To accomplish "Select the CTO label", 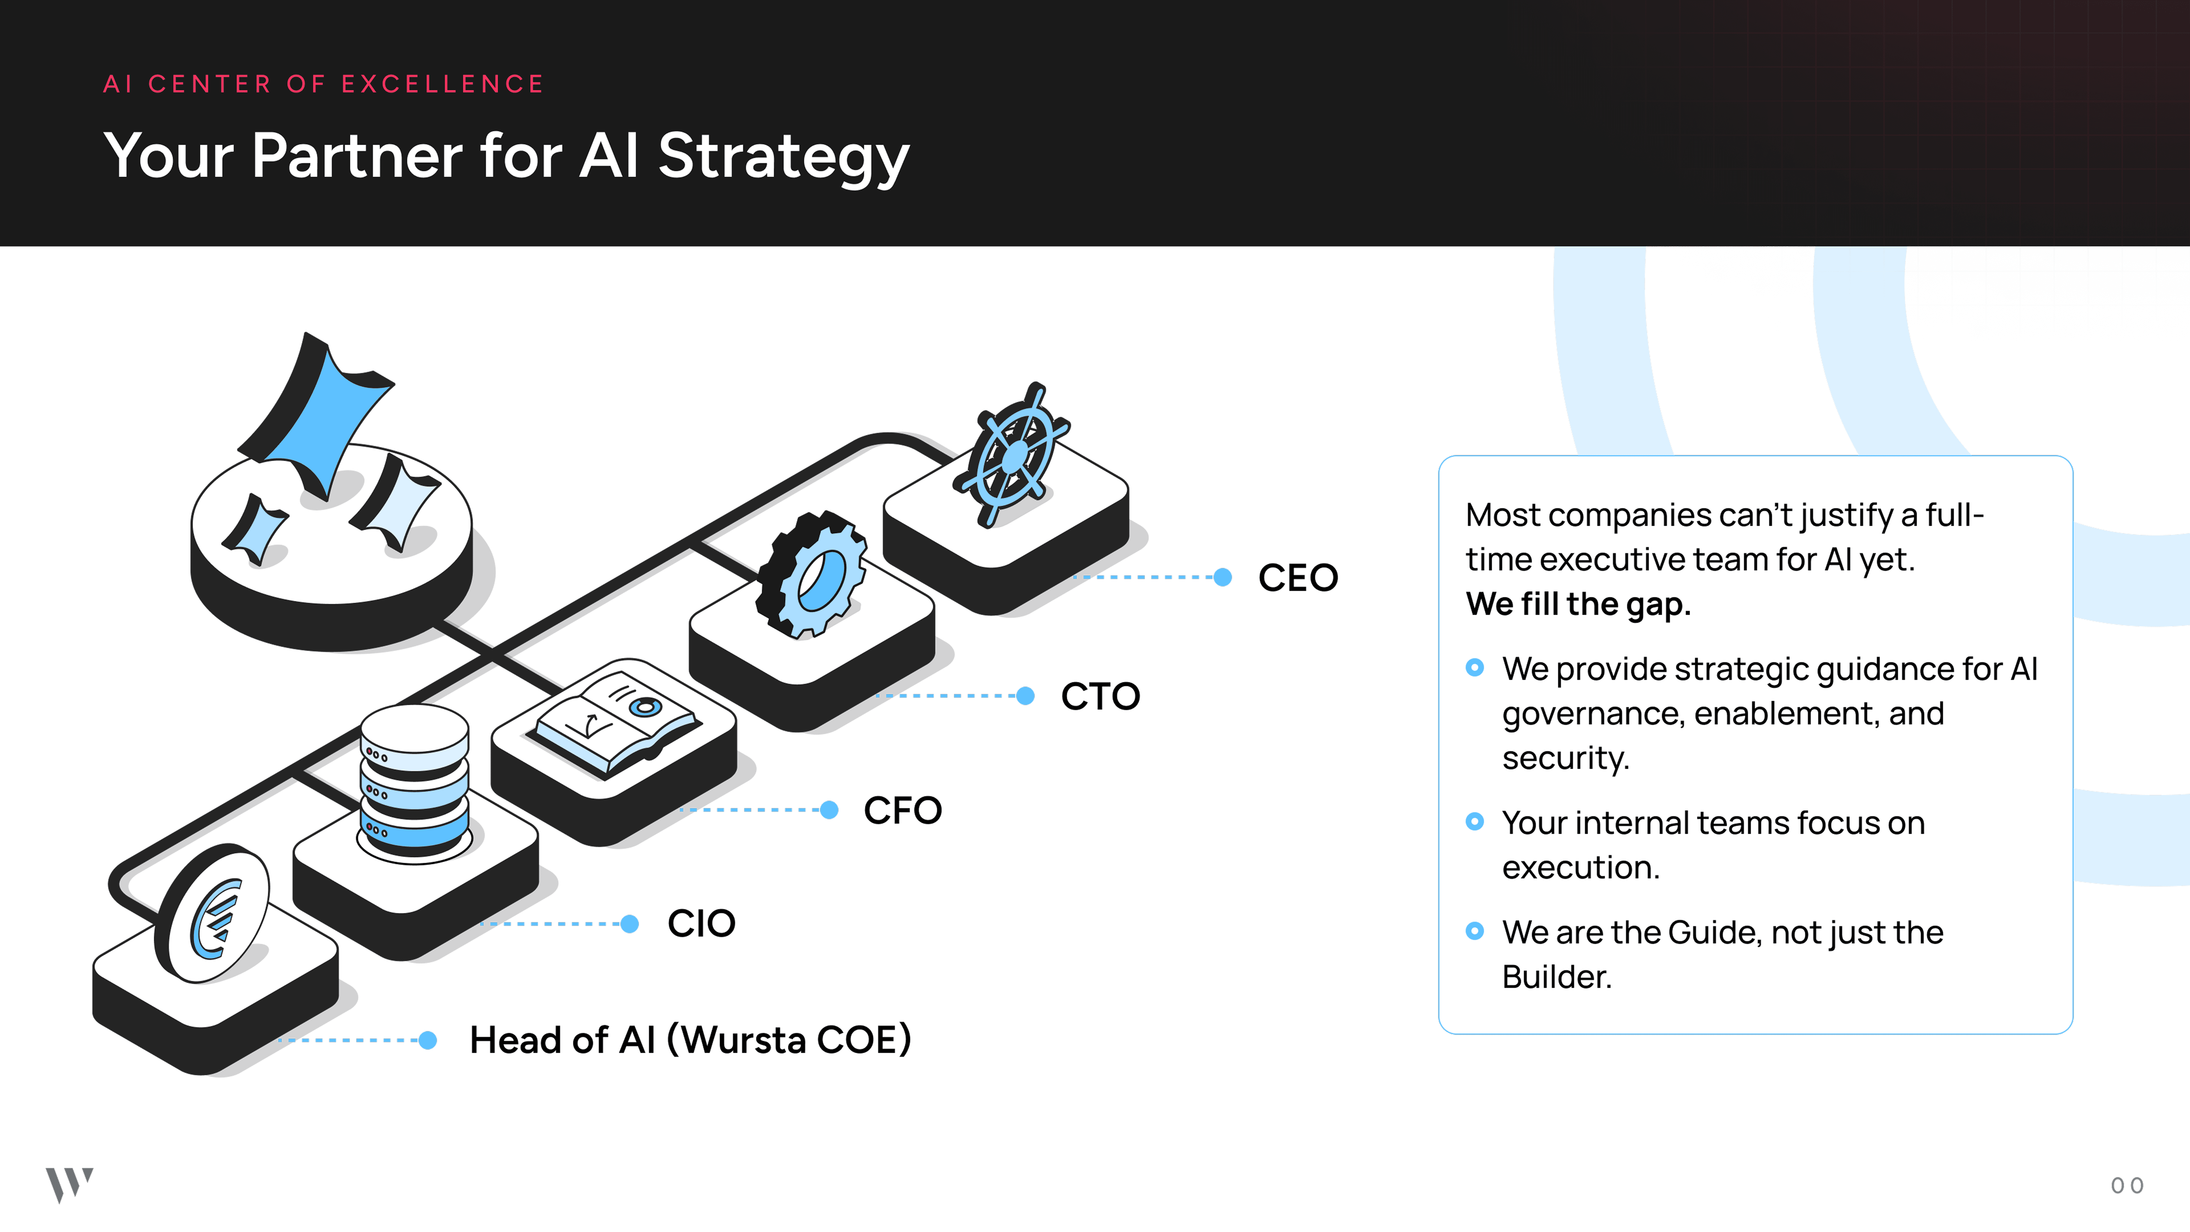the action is (x=1100, y=696).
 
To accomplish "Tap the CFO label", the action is (x=903, y=810).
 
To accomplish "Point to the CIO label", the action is (x=701, y=923).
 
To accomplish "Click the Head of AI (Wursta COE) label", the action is (x=690, y=1040).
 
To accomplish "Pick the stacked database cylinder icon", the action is (x=414, y=782).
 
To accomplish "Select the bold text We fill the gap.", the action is (x=1578, y=605).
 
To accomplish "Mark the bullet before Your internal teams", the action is (x=1475, y=821).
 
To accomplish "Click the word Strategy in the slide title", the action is (x=783, y=157).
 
